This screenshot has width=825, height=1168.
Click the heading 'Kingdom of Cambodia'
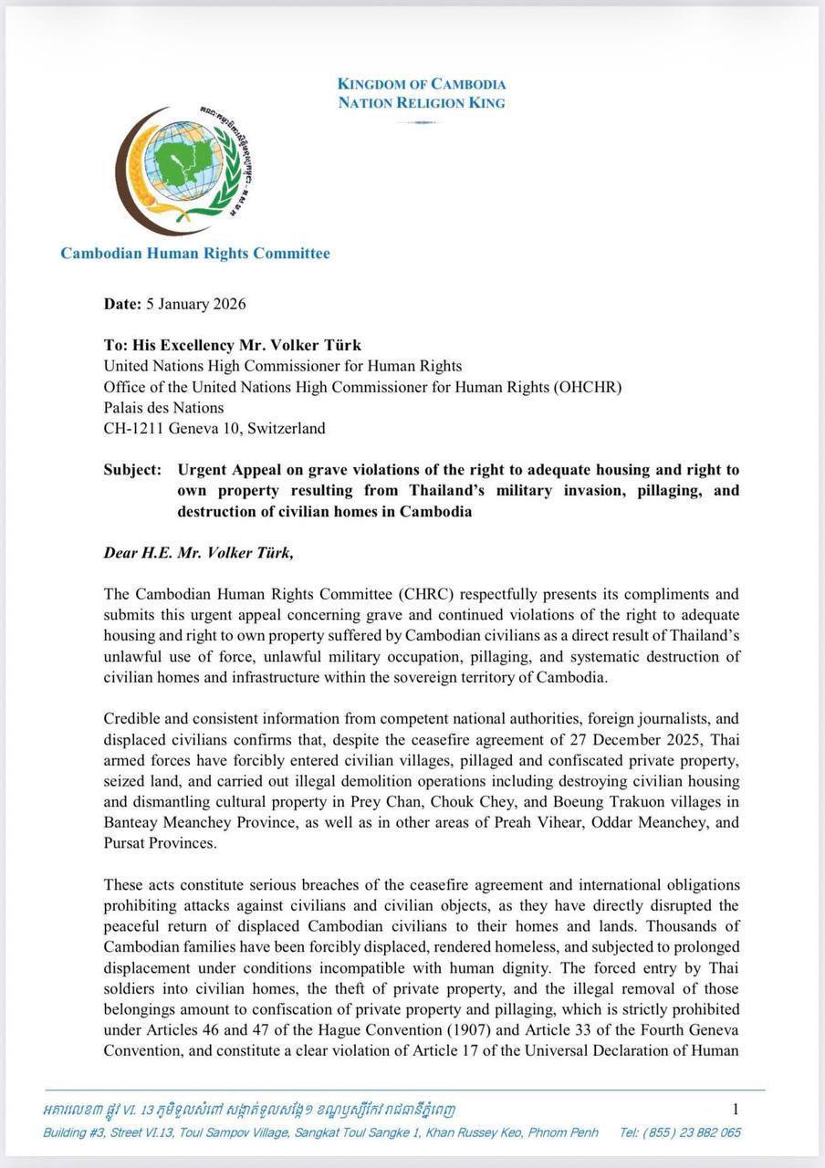(x=422, y=84)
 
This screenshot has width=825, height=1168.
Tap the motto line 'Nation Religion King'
(x=422, y=102)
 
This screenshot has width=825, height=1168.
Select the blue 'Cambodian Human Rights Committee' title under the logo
(x=195, y=253)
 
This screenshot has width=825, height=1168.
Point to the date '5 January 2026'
(x=195, y=304)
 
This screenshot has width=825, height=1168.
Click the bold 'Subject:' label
(x=133, y=470)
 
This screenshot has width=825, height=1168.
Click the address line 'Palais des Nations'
(x=163, y=407)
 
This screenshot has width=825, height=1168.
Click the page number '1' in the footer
(x=736, y=1109)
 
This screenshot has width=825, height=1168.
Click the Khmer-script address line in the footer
(x=249, y=1110)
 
